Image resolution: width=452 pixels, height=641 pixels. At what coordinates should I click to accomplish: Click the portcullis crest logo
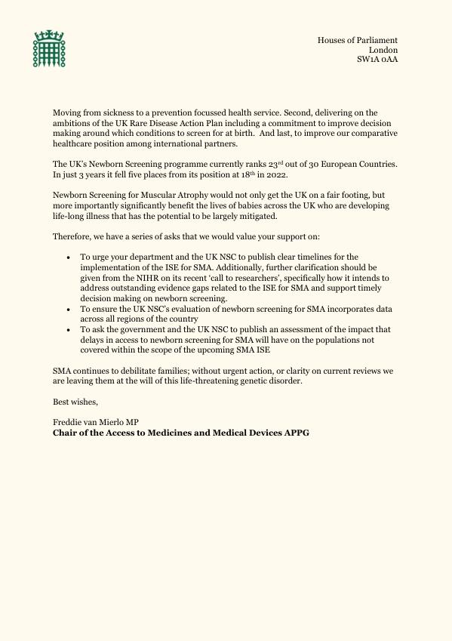point(48,49)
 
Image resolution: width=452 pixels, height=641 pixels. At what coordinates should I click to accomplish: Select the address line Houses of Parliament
point(357,40)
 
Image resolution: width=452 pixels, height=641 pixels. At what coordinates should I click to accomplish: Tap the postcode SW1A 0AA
point(377,59)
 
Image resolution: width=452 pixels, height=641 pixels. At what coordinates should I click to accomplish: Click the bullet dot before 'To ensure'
point(69,310)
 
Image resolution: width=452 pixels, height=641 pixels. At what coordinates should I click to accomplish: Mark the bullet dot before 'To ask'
point(69,331)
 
